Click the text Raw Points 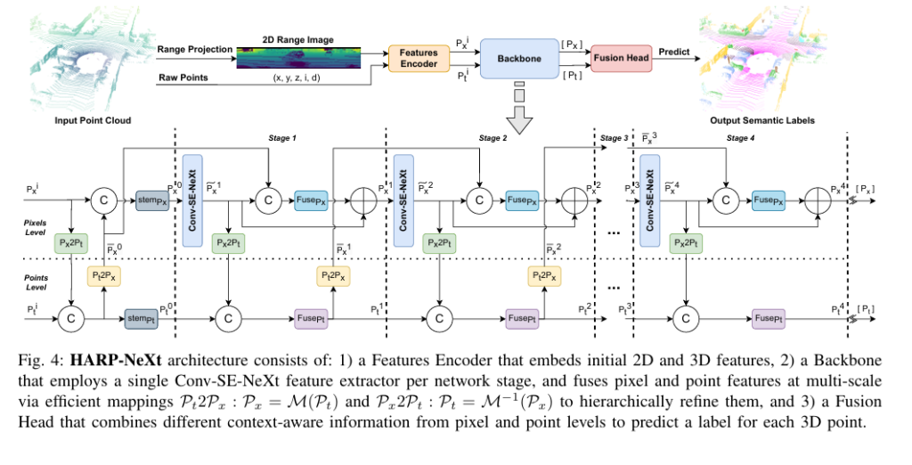click(x=183, y=77)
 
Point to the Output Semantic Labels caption click(x=761, y=118)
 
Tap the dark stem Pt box click(x=141, y=317)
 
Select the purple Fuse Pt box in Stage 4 click(x=769, y=317)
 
